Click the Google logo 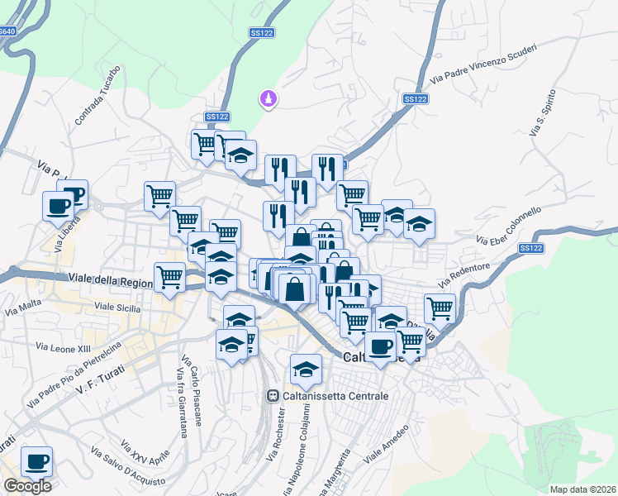coord(27,486)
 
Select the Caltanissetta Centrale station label coord(335,396)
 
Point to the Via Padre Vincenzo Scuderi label coord(483,64)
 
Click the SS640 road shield coord(7,31)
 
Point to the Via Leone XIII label coord(63,347)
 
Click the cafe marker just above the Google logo coord(36,462)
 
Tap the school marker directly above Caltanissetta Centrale coord(306,369)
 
